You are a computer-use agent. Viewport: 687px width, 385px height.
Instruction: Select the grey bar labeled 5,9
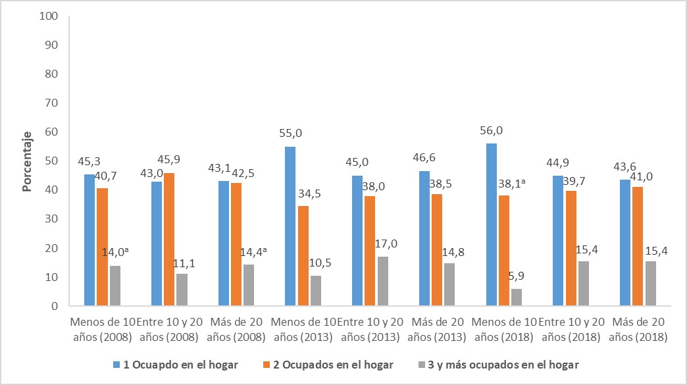(x=517, y=297)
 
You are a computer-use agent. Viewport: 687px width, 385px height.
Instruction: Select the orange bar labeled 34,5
(x=303, y=256)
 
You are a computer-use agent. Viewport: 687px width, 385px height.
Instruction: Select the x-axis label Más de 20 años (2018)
(x=638, y=329)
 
